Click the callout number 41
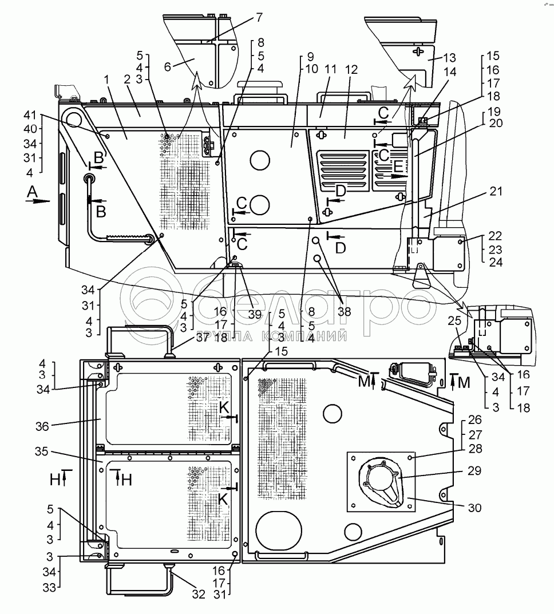(30, 116)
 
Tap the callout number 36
(42, 426)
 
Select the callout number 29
(474, 471)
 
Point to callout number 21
(495, 192)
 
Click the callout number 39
(255, 315)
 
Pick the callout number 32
(199, 595)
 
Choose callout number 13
(449, 58)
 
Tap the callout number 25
(454, 321)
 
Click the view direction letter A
(31, 192)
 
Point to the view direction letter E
(398, 167)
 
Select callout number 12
(351, 70)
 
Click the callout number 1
(106, 80)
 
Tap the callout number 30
(474, 508)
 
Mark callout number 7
(259, 17)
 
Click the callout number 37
(203, 338)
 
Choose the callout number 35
(41, 451)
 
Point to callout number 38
(345, 311)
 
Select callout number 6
(168, 67)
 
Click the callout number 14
(450, 72)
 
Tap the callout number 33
(50, 588)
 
